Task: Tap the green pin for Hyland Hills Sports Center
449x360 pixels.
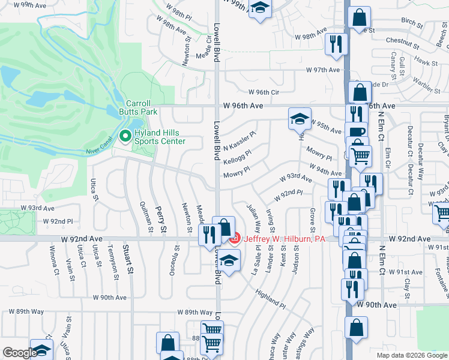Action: (125, 137)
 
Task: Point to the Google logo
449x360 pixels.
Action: (19, 353)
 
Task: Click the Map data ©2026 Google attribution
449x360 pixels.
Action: (412, 355)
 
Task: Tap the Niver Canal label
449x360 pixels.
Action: (100, 151)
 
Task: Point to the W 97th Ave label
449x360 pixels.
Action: (323, 70)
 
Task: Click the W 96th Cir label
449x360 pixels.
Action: (264, 92)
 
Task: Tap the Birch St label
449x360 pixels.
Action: (412, 22)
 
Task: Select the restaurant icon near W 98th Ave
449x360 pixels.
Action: (335, 43)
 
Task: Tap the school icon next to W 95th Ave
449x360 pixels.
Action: (299, 118)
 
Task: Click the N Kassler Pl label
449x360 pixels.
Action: (240, 142)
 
